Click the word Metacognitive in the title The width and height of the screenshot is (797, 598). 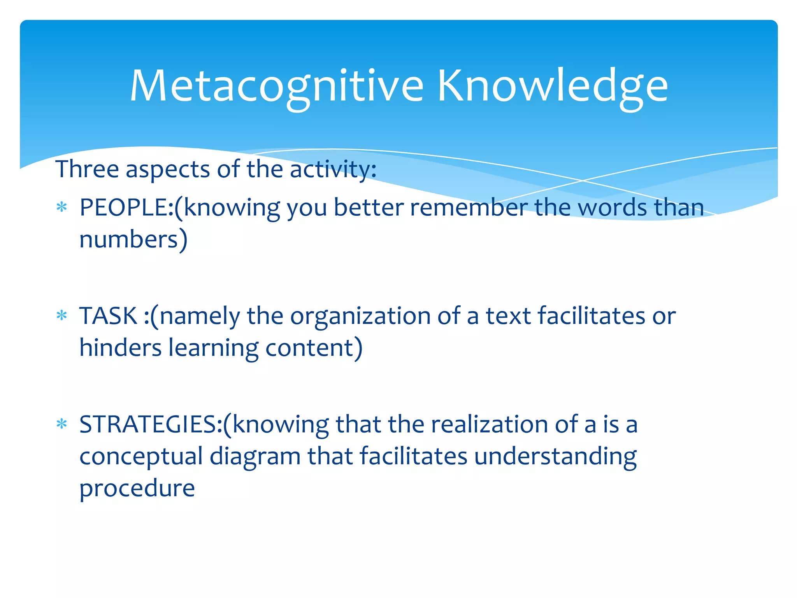276,86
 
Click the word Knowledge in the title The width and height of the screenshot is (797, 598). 553,86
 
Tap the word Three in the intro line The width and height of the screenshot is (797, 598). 87,169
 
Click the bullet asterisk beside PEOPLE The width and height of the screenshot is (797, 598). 62,207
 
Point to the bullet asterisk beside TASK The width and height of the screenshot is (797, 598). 62,315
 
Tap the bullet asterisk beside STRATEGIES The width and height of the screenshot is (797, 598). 62,424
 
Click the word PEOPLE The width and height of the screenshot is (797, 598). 124,208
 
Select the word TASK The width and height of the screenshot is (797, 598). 108,316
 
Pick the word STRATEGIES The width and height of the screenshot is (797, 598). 148,424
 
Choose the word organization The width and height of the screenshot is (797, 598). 360,316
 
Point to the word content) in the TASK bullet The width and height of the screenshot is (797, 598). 314,348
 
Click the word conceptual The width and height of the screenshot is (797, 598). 141,456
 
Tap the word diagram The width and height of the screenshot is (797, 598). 255,457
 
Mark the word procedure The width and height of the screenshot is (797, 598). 137,489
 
